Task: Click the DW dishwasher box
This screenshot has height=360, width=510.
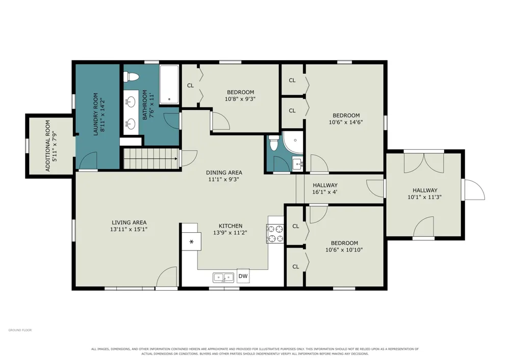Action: (243, 276)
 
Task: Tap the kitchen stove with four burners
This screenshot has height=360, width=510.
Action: (275, 234)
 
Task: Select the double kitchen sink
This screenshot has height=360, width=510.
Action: (223, 278)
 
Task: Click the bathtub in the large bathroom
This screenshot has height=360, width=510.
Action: (169, 84)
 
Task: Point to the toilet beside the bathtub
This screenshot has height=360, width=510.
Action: (131, 77)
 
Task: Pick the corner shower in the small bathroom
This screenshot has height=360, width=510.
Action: (293, 142)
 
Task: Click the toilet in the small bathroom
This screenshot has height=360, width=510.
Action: (273, 143)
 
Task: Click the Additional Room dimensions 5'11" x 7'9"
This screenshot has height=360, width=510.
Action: (55, 146)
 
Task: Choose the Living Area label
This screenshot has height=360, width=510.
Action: (129, 223)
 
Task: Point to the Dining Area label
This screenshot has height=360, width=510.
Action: (224, 173)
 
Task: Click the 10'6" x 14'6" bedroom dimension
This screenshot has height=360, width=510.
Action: (346, 122)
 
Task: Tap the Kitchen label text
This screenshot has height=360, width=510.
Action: (231, 226)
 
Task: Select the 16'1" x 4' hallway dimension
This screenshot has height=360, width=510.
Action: (324, 192)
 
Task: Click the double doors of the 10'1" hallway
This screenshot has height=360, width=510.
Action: (424, 163)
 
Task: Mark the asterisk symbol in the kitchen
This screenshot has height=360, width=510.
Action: (191, 241)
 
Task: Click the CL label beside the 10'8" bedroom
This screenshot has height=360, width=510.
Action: (190, 86)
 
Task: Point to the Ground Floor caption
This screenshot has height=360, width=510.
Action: (20, 330)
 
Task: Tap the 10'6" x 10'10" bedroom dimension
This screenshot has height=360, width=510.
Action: (344, 250)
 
